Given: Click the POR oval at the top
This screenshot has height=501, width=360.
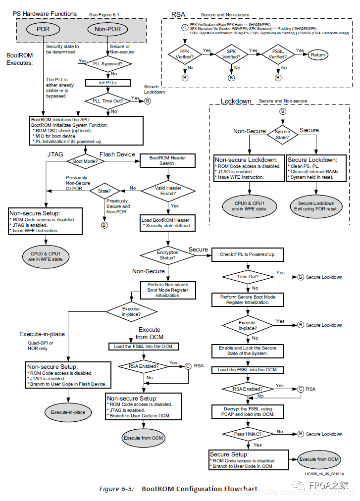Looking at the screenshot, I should pyautogui.click(x=43, y=29).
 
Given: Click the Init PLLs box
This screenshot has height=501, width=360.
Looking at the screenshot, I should pyautogui.click(x=108, y=82).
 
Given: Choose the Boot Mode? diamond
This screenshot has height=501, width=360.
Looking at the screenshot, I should pyautogui.click(x=85, y=161).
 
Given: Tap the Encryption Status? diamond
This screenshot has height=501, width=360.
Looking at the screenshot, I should pyautogui.click(x=168, y=255).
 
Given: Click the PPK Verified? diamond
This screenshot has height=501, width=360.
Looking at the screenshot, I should pyautogui.click(x=184, y=54).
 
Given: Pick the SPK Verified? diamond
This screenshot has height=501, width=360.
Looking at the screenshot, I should pyautogui.click(x=231, y=54).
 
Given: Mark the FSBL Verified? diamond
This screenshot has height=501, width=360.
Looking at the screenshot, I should pyautogui.click(x=278, y=54).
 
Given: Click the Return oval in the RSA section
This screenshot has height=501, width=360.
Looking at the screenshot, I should pyautogui.click(x=318, y=55).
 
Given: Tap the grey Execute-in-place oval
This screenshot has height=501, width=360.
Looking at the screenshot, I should pyautogui.click(x=68, y=412).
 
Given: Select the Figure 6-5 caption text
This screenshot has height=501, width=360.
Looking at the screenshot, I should pyautogui.click(x=178, y=489).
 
